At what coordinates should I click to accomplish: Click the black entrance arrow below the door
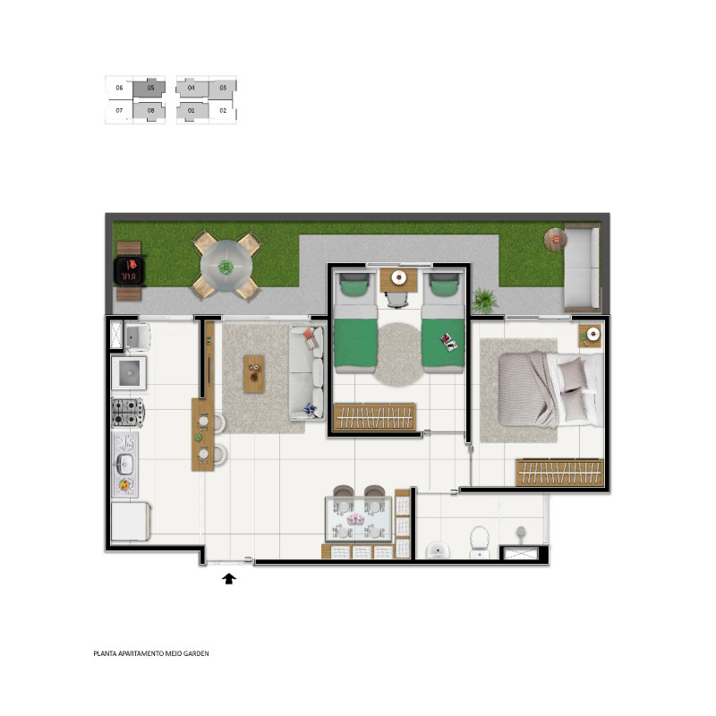point(229,579)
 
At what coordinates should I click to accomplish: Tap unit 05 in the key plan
point(149,88)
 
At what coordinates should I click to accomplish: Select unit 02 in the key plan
point(223,110)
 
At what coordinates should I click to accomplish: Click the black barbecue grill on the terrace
point(129,271)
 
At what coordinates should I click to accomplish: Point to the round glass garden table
point(226,266)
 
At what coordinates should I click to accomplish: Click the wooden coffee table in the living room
point(254,374)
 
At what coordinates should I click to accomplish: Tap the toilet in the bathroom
point(480,542)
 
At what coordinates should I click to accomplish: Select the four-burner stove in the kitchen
point(127,413)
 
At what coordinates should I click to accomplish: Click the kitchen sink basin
point(124,465)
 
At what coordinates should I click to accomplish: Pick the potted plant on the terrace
point(484,300)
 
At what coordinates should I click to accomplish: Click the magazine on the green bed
point(448,342)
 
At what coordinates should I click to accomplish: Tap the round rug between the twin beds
point(399,354)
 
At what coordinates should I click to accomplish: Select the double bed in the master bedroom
point(550,389)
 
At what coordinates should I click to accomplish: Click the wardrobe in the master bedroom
point(560,473)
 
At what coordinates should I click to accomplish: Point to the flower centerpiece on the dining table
point(355,519)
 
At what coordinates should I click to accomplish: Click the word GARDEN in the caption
point(196,653)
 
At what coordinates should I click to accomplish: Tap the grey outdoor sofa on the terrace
point(582,267)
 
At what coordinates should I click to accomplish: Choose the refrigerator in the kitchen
point(131,522)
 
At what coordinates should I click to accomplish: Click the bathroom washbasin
point(438,550)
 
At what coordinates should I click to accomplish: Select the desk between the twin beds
point(398,280)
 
